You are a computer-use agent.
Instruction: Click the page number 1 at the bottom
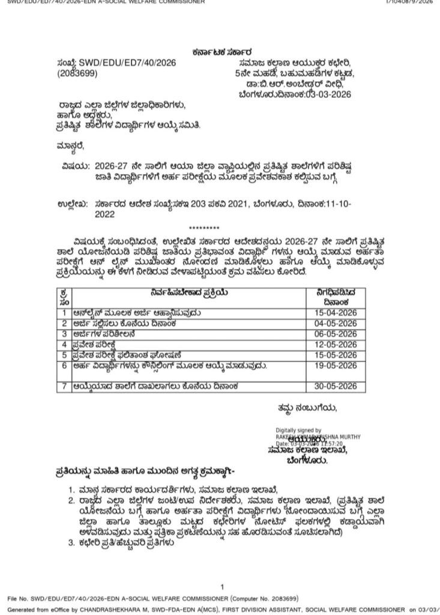[x=222, y=587]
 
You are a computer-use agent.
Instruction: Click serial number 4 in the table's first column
[x=64, y=344]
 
